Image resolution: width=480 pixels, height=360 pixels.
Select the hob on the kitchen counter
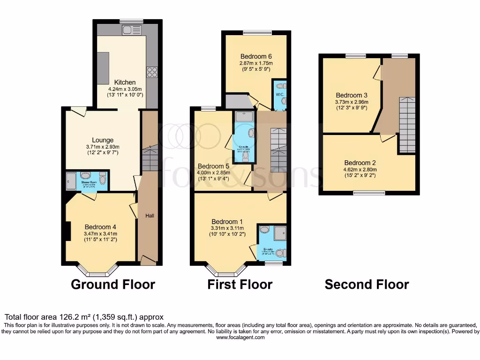coord(152,72)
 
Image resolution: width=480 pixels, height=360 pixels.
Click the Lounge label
coord(103,140)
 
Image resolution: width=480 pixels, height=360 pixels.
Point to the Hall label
coord(149,216)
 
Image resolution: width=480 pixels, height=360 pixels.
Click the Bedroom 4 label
coord(100,227)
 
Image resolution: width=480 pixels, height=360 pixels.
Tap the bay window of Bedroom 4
coord(97,271)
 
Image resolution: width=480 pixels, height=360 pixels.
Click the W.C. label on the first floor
coord(280,94)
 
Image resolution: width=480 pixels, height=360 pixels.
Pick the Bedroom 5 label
coord(213,166)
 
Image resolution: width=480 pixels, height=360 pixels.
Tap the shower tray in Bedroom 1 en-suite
coord(280,232)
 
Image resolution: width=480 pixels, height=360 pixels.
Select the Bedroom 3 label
coord(352,95)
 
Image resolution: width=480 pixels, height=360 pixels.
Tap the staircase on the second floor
coord(406,125)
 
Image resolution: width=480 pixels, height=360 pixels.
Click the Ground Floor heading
coord(113,284)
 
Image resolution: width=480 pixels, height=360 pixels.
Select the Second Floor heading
coord(367,285)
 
